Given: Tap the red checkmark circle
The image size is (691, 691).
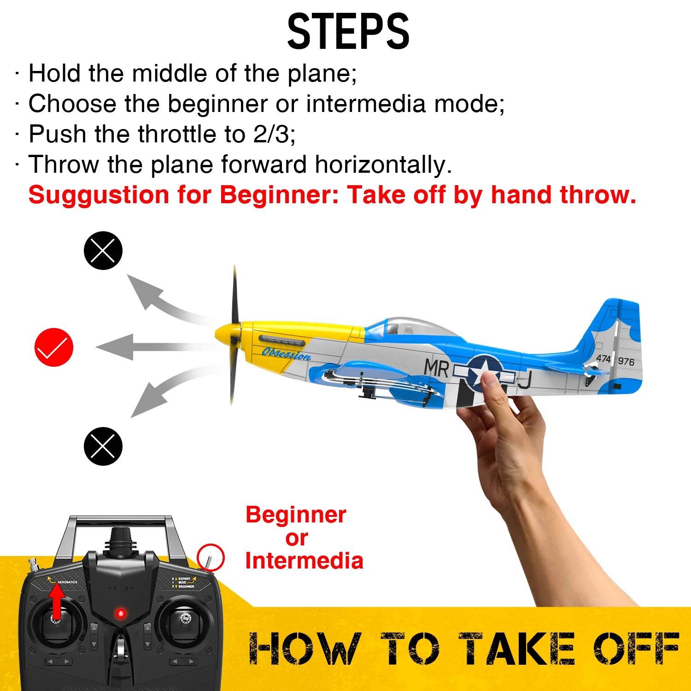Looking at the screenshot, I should (x=54, y=347).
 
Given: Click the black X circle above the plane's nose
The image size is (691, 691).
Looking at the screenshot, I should (x=103, y=250).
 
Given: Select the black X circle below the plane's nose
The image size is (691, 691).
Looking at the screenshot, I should (x=103, y=446).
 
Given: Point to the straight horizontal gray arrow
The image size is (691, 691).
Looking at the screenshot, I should (x=138, y=347).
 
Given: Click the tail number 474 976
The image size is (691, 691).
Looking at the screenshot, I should (x=615, y=359).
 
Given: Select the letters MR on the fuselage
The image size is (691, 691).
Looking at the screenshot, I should (x=436, y=368).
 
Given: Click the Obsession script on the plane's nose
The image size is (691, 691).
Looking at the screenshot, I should (x=286, y=354).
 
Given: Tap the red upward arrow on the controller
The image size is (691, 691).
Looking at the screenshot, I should (x=57, y=601).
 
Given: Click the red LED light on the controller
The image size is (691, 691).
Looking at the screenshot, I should (x=121, y=613).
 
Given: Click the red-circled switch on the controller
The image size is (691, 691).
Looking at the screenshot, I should (x=210, y=559).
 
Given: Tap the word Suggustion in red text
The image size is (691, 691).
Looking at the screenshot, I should (x=99, y=195).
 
